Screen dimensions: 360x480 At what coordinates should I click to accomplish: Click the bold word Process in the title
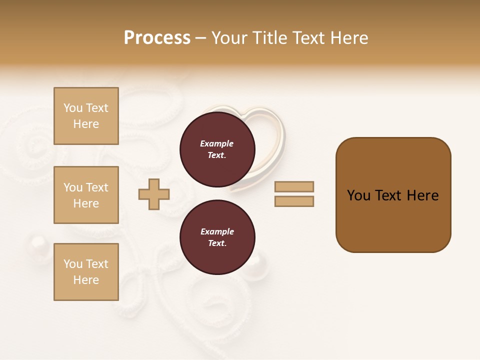[x=157, y=38]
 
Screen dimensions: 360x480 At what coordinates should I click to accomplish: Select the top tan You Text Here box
[x=86, y=116]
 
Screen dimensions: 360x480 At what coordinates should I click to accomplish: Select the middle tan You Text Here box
[x=86, y=195]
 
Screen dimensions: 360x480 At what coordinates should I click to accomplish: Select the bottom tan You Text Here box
[x=86, y=272]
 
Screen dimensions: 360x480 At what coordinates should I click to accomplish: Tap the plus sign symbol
[x=154, y=194]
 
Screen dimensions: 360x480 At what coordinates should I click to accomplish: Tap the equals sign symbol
[x=294, y=194]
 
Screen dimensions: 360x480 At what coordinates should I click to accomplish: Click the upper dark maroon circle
[x=217, y=149]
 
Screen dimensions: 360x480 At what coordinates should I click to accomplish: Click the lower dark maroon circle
[x=217, y=237]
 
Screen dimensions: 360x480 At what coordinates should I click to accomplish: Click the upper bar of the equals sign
[x=294, y=187]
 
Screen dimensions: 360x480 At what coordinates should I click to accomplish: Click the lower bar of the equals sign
[x=294, y=201]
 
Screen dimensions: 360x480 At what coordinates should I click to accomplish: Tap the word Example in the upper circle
[x=216, y=143]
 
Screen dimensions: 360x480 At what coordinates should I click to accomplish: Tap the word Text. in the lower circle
[x=216, y=243]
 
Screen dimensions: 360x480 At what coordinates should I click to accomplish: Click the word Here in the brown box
[x=422, y=195]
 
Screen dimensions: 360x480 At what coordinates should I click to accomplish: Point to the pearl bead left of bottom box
[x=36, y=244]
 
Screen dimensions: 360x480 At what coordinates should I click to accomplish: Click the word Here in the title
[x=349, y=38]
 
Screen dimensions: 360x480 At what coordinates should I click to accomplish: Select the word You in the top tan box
[x=73, y=108]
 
